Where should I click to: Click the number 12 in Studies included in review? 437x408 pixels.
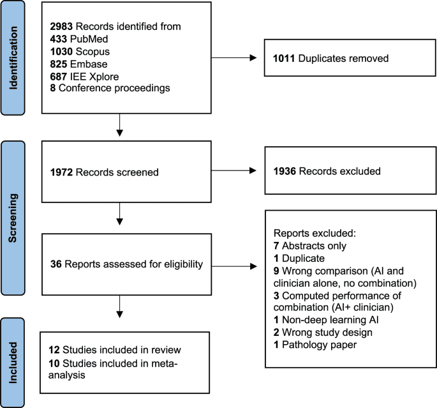tap(56, 351)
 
